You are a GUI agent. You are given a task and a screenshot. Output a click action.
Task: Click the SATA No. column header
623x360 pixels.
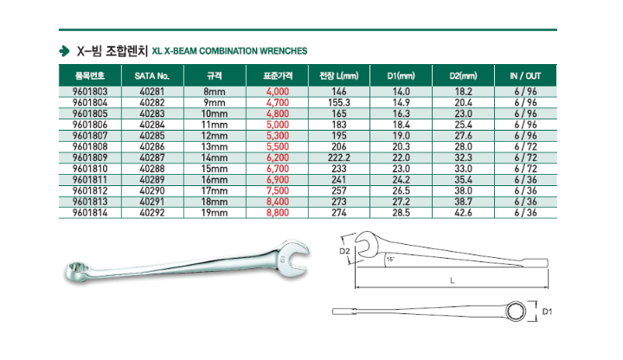point(152,76)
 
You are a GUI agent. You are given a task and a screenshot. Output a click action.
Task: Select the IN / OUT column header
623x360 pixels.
point(525,76)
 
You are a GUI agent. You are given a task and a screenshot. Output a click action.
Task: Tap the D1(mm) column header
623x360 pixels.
point(401,76)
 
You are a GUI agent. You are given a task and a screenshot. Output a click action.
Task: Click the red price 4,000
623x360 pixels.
point(278,92)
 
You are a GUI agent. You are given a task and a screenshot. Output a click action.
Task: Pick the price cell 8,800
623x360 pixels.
point(278,213)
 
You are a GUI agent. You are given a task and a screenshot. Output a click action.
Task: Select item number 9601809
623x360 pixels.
point(90,157)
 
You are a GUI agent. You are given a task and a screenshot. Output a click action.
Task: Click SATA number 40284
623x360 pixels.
point(152,125)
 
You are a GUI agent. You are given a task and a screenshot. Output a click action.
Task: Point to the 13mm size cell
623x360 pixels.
point(215,147)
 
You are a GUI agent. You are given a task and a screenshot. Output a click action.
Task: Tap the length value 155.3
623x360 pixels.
point(339,103)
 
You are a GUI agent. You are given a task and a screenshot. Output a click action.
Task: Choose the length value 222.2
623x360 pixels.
point(339,157)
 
